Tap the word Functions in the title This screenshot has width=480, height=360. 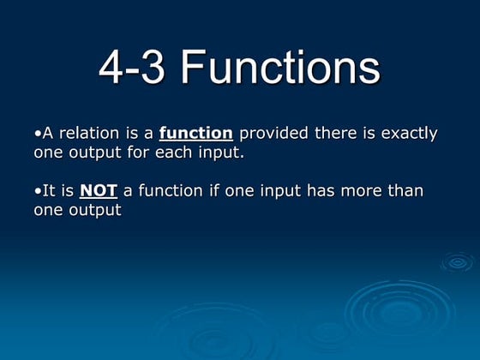(x=280, y=68)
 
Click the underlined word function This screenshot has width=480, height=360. (x=196, y=134)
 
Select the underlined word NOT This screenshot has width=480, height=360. (x=99, y=190)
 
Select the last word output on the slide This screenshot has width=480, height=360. (x=96, y=210)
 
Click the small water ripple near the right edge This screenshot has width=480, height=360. (x=456, y=261)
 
